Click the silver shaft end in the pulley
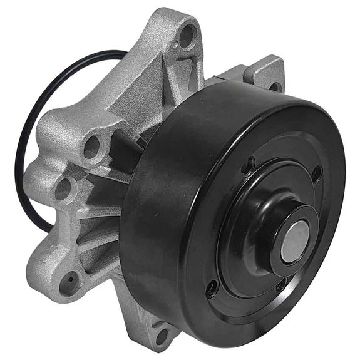(294, 240)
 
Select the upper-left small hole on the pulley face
(249, 166)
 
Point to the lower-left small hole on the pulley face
(212, 288)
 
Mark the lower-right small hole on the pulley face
(281, 285)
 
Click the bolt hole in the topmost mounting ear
(187, 36)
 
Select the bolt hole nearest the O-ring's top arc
(92, 147)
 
